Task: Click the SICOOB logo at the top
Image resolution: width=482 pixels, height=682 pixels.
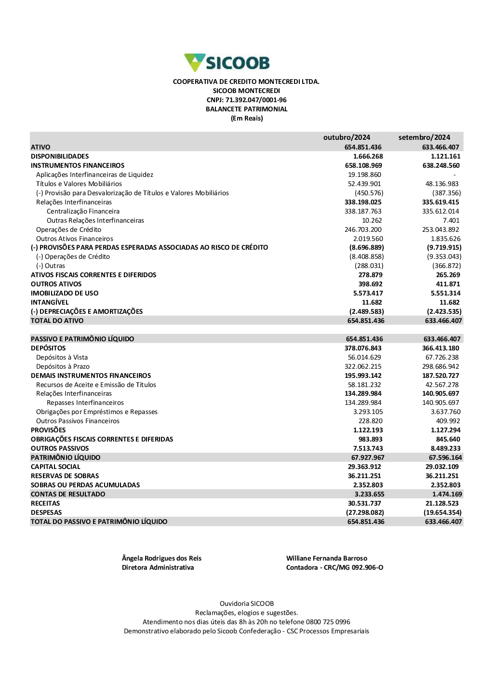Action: tap(227, 63)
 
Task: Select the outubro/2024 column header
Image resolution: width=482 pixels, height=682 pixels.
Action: tap(347, 137)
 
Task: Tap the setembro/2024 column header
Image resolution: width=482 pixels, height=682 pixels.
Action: tap(424, 137)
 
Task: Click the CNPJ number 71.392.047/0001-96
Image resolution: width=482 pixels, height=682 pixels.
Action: tap(256, 100)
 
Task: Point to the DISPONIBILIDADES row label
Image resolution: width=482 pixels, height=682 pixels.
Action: tap(60, 156)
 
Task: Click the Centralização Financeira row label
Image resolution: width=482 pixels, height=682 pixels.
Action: tap(83, 211)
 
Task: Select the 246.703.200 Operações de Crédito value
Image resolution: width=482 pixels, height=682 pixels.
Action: tap(363, 229)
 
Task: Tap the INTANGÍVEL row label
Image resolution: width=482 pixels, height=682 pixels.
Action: tap(50, 302)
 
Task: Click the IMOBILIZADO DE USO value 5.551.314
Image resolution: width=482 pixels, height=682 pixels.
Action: tap(445, 293)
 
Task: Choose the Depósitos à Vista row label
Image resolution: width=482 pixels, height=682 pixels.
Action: tap(62, 357)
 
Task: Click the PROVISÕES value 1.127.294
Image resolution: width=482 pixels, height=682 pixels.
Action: tap(445, 430)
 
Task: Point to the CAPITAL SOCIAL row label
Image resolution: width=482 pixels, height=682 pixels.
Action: tap(55, 467)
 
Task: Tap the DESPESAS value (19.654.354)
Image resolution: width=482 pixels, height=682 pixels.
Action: tap(442, 512)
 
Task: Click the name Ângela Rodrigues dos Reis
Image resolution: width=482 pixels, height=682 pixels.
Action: tap(161, 558)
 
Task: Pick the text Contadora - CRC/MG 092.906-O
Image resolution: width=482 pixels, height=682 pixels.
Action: tap(335, 567)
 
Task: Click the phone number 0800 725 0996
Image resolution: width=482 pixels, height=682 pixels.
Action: tap(328, 622)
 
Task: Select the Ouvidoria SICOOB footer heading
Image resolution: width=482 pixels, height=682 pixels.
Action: tap(246, 603)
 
